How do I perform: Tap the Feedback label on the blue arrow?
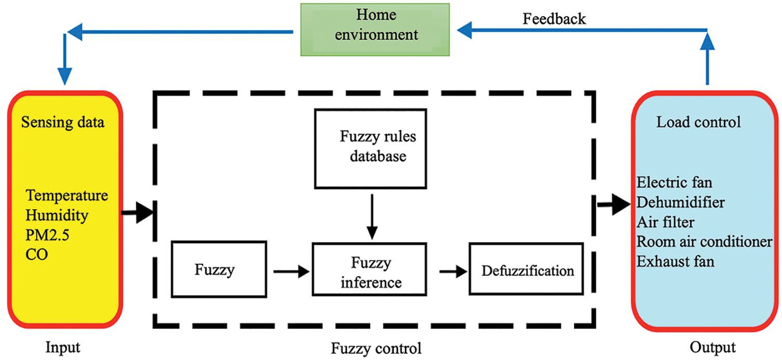tap(554, 19)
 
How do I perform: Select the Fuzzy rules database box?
tap(370, 148)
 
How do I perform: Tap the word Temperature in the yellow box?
tap(67, 196)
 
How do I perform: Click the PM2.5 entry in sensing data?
tap(48, 236)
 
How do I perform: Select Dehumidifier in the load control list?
tap(680, 202)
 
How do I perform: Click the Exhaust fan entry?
tap(675, 262)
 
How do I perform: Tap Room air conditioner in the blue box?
tap(705, 242)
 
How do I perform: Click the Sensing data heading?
tap(63, 123)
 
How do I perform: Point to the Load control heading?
tap(698, 123)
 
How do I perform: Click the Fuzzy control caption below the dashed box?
tap(376, 348)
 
